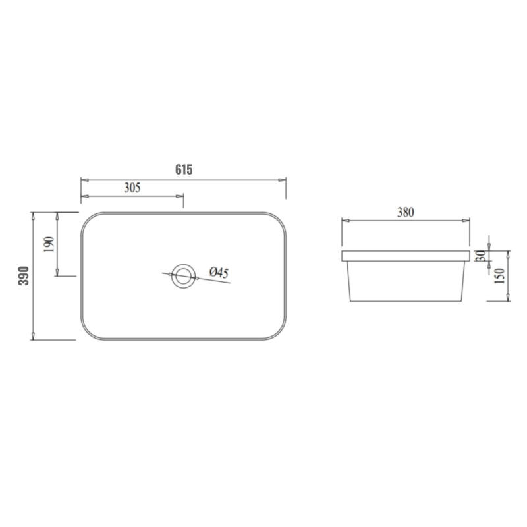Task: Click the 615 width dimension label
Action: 184,170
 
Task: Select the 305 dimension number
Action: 132,188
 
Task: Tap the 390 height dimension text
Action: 24,276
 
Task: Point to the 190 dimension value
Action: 49,244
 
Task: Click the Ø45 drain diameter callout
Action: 219,272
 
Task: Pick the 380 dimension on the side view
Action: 406,212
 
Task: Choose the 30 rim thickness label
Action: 481,256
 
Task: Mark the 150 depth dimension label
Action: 499,275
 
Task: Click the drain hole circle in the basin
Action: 184,264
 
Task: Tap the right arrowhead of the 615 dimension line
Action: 283,180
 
